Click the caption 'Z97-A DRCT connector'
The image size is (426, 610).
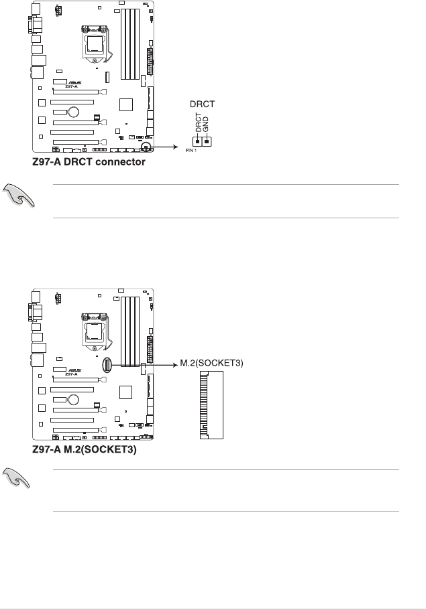[x=88, y=161]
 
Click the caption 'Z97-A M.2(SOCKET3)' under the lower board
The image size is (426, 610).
[x=85, y=451]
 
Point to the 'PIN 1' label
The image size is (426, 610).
[x=191, y=152]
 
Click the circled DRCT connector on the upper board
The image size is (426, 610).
[x=146, y=143]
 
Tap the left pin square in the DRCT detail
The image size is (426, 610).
[x=198, y=141]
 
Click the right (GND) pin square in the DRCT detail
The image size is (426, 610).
[x=207, y=141]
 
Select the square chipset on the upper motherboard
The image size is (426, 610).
[x=125, y=104]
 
